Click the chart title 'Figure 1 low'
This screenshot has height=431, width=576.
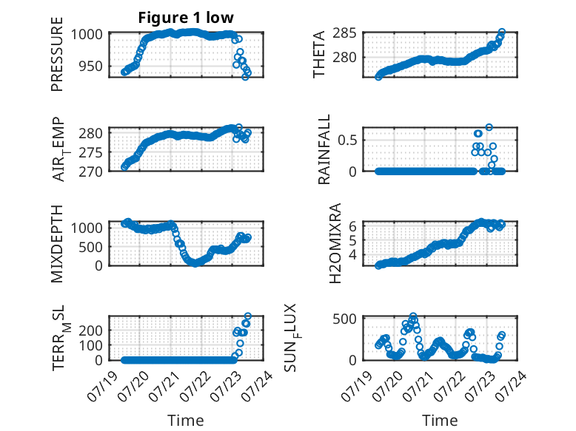tap(186, 18)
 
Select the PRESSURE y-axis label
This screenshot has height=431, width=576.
tap(57, 54)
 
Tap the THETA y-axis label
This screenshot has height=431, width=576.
tap(319, 54)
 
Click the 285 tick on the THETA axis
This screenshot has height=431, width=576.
tap(344, 33)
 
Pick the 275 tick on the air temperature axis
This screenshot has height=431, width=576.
tap(91, 152)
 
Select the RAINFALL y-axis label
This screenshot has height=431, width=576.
tap(324, 149)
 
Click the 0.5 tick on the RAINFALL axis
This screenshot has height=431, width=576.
tap(347, 140)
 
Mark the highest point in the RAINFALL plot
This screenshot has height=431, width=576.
tap(489, 127)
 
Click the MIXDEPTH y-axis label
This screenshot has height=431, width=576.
tap(57, 243)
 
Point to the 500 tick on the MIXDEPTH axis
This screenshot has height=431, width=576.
tap(91, 247)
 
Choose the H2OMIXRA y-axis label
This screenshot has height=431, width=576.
tap(335, 243)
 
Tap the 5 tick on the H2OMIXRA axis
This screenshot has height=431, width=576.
tap(352, 240)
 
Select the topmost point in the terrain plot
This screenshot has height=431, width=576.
tap(248, 316)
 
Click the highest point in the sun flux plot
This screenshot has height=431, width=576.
tap(413, 316)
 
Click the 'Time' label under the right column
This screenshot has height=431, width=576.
tap(440, 420)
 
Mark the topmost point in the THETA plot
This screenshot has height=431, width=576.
tap(502, 32)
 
